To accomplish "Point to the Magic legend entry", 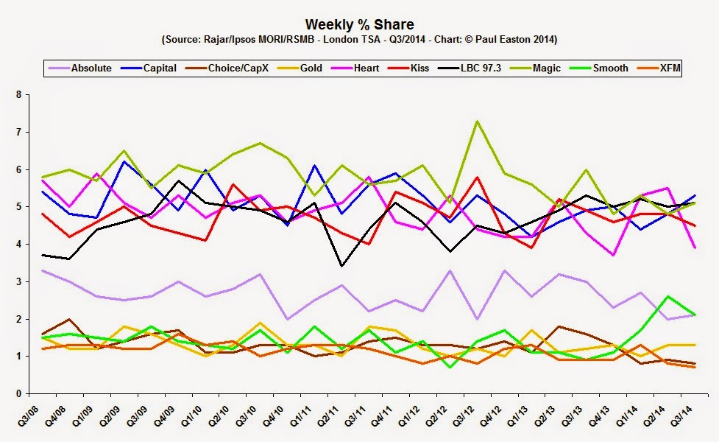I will click(545, 69).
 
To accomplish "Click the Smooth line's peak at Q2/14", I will click(666, 296).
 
